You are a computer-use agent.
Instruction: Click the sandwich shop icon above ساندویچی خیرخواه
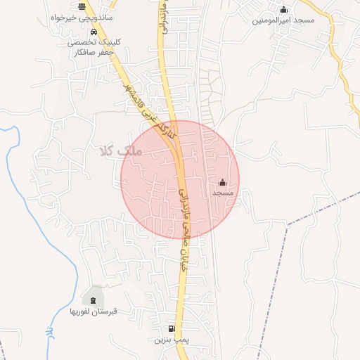83,6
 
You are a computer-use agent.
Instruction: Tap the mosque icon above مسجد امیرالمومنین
283,9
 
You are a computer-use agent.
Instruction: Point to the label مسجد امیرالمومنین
283,21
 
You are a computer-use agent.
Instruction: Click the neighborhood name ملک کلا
122,150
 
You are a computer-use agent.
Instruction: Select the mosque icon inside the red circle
223,183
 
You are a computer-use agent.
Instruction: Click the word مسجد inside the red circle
223,193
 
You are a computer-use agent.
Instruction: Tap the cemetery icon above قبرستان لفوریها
94,290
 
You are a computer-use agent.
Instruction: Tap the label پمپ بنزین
173,340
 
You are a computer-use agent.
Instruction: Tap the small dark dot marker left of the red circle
117,184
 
